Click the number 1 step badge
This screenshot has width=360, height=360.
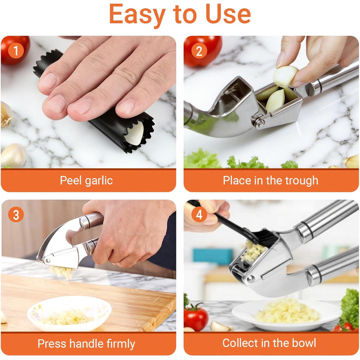pyautogui.click(x=16, y=51)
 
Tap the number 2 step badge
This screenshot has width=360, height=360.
pyautogui.click(x=199, y=51)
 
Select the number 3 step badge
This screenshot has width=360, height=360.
pyautogui.click(x=16, y=214)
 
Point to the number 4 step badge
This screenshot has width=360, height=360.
pyautogui.click(x=199, y=214)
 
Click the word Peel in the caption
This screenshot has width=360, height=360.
pyautogui.click(x=70, y=180)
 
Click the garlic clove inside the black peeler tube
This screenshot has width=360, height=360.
pyautogui.click(x=135, y=134)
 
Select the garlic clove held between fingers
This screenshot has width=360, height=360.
pyautogui.click(x=285, y=76)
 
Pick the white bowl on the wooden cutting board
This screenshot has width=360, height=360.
pyautogui.click(x=69, y=313)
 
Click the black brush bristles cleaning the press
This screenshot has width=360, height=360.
pyautogui.click(x=266, y=237)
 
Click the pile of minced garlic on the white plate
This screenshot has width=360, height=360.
pyautogui.click(x=287, y=311)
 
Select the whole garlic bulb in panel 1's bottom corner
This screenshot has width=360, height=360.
pyautogui.click(x=13, y=155)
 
